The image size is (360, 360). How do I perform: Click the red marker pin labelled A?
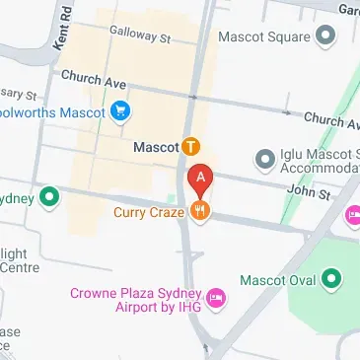click(200, 179)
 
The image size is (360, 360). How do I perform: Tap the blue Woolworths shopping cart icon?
click(120, 110)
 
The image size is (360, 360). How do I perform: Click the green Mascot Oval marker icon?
click(332, 280)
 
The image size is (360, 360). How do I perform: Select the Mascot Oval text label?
click(284, 280)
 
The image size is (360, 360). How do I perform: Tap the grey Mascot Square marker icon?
click(325, 37)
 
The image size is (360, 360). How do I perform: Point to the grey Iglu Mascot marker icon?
click(263, 158)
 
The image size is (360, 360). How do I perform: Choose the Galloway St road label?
click(142, 36)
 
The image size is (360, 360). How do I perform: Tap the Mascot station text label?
click(155, 147)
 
